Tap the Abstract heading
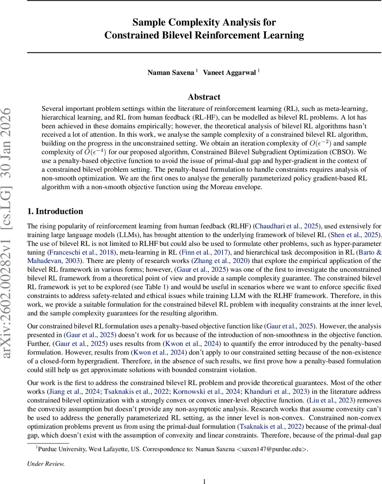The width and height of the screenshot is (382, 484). (x=204, y=97)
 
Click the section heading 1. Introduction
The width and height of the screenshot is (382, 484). (x=55, y=211)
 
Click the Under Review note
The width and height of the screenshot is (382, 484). (x=46, y=464)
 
